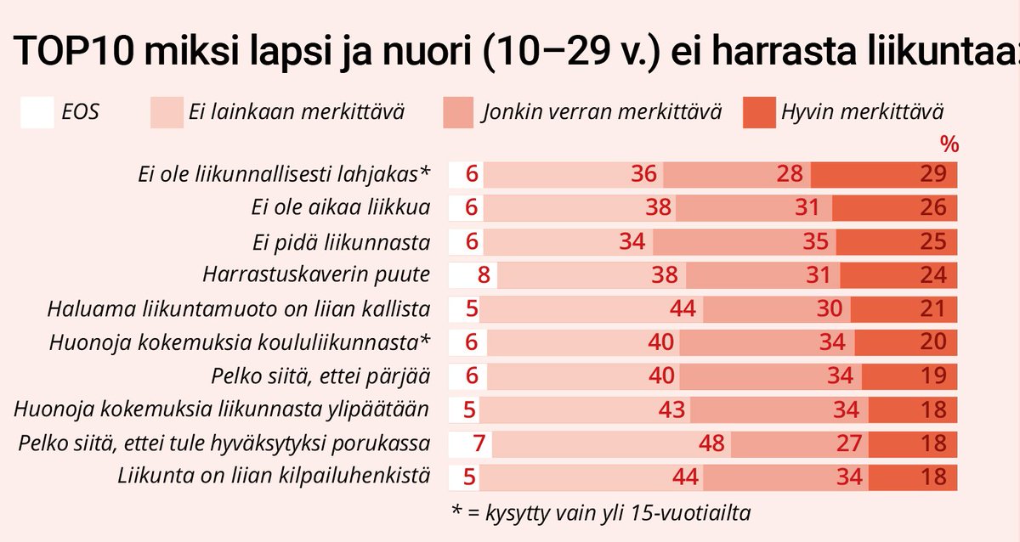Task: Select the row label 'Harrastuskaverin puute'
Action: point(317,275)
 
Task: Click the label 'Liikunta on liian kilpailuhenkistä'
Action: point(273,475)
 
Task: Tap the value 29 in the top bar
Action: point(932,175)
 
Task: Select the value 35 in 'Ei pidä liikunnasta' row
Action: point(815,242)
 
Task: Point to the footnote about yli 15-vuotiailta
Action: point(604,512)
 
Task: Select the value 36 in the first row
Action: point(644,175)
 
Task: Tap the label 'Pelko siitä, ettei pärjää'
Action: point(320,376)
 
